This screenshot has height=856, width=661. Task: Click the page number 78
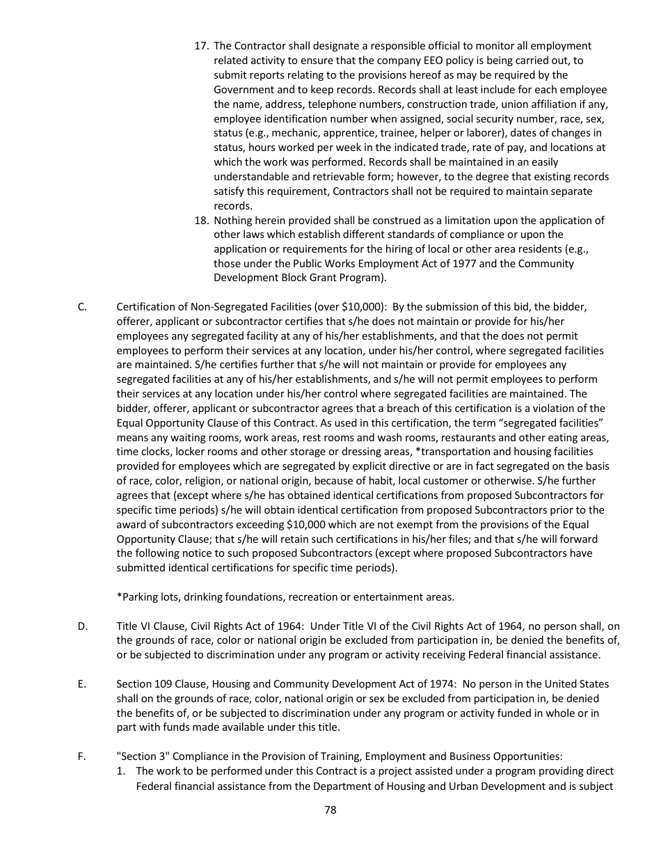pos(330,810)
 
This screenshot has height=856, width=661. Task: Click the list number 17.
pos(201,46)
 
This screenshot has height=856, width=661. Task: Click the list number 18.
pos(201,220)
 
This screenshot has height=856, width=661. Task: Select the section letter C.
pos(82,306)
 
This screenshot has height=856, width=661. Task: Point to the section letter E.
pos(82,684)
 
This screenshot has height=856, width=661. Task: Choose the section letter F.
pos(82,756)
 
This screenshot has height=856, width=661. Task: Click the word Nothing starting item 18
pos(233,220)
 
